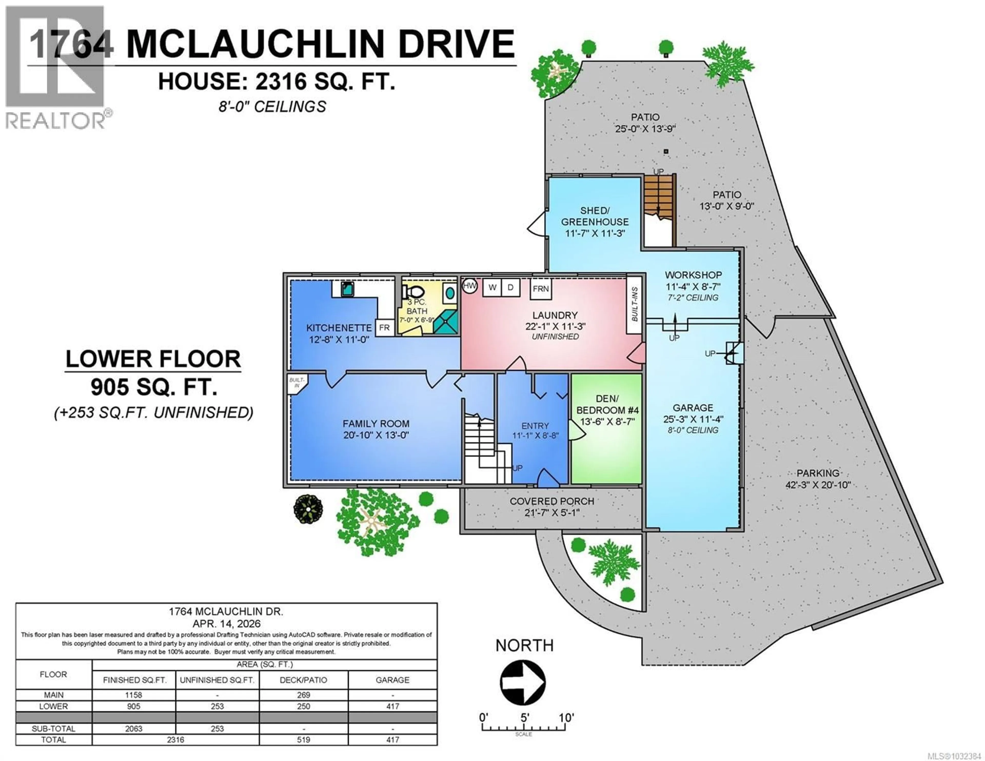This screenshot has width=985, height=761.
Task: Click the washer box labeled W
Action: point(493,287)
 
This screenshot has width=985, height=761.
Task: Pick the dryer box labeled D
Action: point(510,287)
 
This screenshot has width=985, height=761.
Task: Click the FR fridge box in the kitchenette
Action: point(384,328)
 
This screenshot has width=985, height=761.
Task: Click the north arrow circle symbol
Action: point(523,683)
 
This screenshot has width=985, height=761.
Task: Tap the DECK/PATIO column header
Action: point(303,680)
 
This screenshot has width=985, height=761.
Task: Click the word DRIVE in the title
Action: point(456,44)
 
